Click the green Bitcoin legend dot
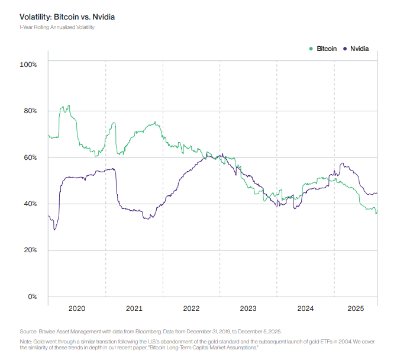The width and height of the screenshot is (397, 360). click(x=312, y=49)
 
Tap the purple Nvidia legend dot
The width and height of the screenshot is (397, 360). click(x=345, y=49)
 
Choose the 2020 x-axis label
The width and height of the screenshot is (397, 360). click(x=77, y=308)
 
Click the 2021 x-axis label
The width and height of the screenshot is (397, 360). click(x=134, y=308)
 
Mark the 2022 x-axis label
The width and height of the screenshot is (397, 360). click(x=191, y=308)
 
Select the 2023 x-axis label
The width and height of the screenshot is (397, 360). click(x=248, y=308)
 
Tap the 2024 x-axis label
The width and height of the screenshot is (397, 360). click(x=305, y=308)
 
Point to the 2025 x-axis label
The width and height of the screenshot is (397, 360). click(x=356, y=308)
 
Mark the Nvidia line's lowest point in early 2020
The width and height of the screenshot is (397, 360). click(x=54, y=229)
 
